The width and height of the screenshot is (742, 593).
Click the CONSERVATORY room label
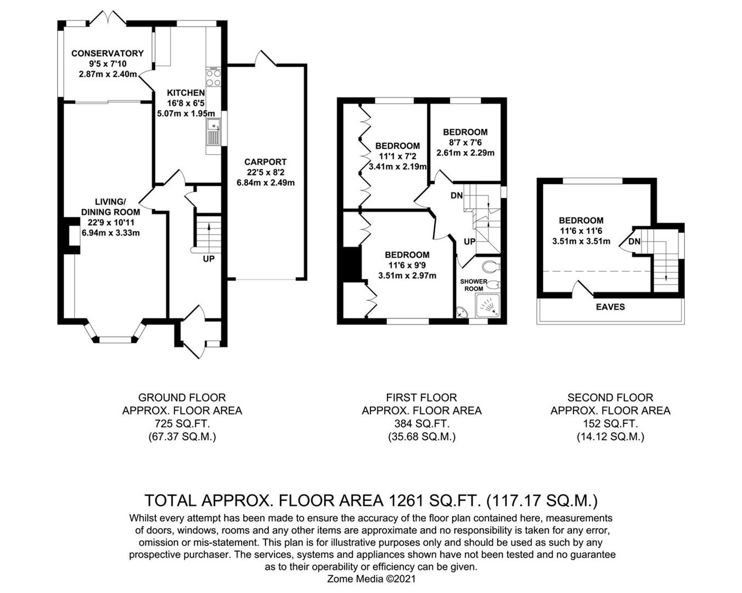pos(107,53)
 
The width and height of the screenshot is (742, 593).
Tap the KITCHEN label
pos(186,93)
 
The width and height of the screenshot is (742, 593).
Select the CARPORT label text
pos(266,162)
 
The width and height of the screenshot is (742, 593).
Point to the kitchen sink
pos(214,133)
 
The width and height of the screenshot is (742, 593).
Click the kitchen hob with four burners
pos(214,76)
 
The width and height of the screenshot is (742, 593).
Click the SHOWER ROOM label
pos(474,285)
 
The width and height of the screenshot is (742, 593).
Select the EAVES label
pos(610,307)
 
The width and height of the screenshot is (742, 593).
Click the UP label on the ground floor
pos(209,259)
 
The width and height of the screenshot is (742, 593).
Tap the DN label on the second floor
pos(634,242)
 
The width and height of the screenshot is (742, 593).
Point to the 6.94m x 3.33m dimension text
pos(111,233)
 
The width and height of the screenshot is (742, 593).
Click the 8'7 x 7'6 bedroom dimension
pos(465,142)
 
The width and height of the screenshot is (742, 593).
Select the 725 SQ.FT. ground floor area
pos(182,423)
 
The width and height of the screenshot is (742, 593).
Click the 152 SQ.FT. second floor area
pos(610,423)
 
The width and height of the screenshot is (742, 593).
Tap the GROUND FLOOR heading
pos(182,398)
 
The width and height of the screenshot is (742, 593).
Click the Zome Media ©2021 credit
pos(372,579)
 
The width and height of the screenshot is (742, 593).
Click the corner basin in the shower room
pos(462,312)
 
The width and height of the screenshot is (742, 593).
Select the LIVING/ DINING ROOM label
pos(110,207)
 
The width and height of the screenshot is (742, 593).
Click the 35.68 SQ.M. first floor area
pos(421,437)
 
